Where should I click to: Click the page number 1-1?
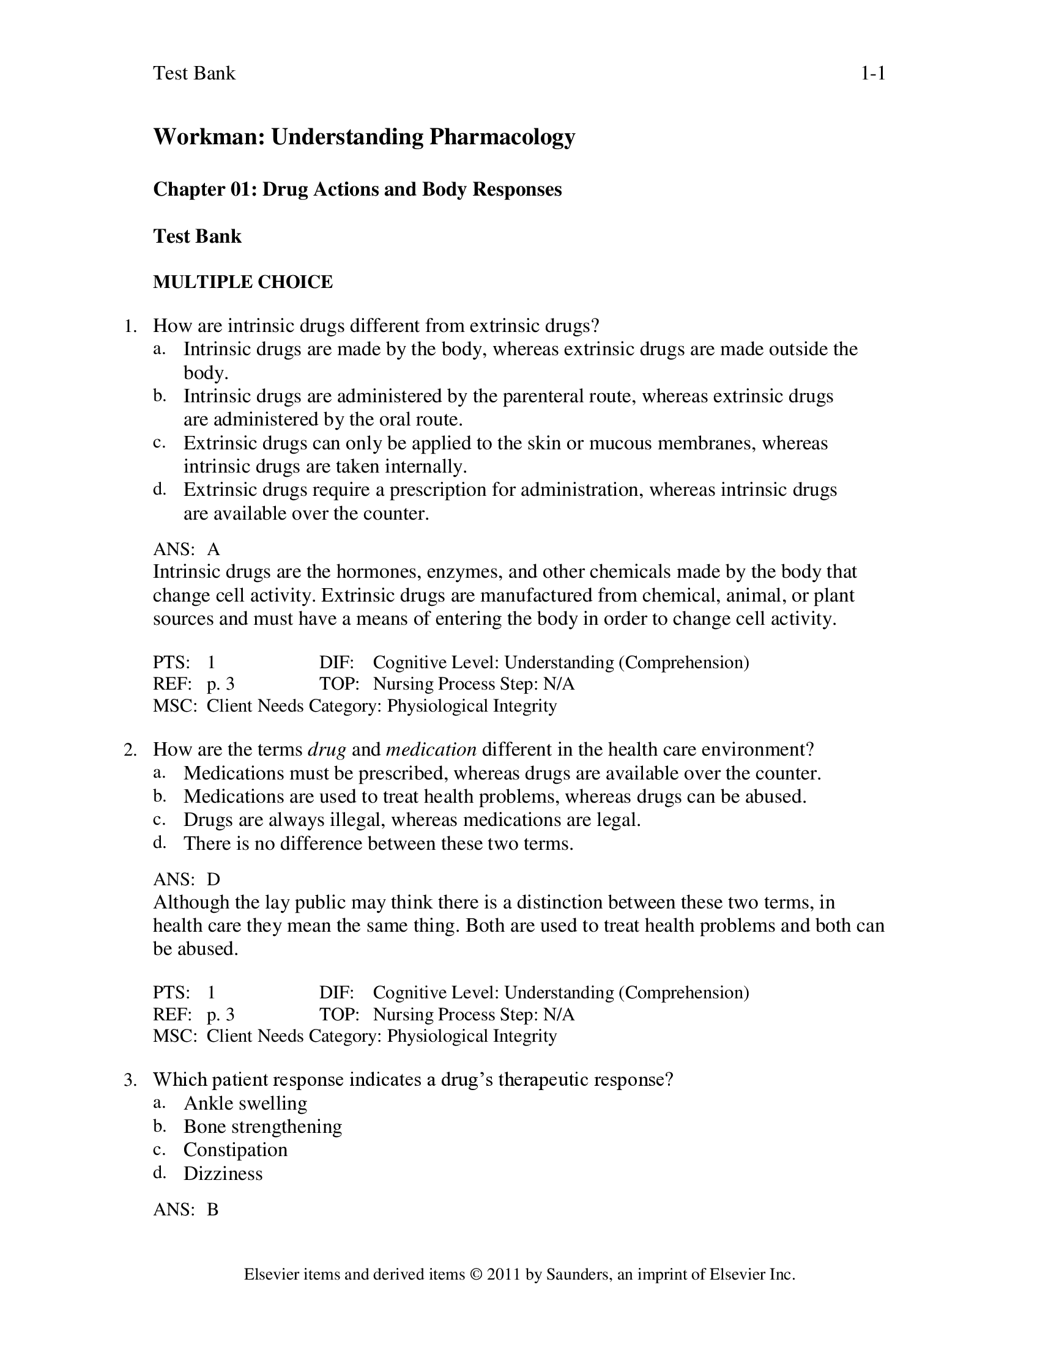[x=872, y=73]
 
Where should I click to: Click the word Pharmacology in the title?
[x=502, y=137]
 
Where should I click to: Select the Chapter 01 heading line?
[x=357, y=189]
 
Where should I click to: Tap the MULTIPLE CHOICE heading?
[x=243, y=282]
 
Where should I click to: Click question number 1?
[x=130, y=326]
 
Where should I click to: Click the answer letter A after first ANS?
[x=213, y=550]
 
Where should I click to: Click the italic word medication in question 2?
[x=431, y=750]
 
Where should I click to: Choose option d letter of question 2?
[x=159, y=842]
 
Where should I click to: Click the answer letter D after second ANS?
[x=213, y=879]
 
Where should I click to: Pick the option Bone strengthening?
[x=262, y=1126]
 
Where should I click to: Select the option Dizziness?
[x=223, y=1173]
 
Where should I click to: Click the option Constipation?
[x=236, y=1150]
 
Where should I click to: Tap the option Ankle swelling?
[x=245, y=1103]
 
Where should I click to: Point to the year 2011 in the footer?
[x=504, y=1275]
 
